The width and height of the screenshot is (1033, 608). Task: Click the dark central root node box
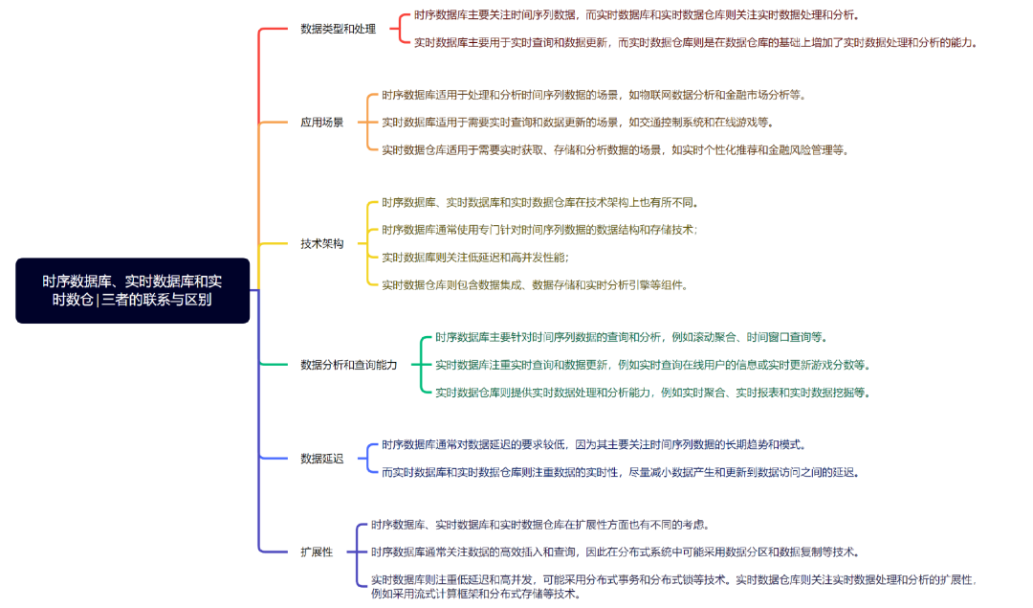(x=132, y=290)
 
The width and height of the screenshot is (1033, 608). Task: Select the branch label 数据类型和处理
(x=338, y=29)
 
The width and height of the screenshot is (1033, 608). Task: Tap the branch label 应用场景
(x=321, y=122)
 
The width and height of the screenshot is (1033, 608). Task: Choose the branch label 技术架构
(x=321, y=243)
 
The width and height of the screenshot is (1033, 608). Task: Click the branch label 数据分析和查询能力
(x=348, y=364)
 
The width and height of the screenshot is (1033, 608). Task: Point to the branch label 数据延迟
(x=321, y=458)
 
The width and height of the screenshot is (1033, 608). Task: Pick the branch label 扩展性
(x=317, y=552)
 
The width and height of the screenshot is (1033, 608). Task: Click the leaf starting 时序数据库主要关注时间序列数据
(x=636, y=15)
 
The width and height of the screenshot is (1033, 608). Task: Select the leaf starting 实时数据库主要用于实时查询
(x=695, y=42)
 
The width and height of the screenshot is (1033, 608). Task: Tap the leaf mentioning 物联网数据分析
(x=593, y=95)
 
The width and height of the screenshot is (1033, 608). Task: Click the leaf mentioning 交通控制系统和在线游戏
(x=578, y=122)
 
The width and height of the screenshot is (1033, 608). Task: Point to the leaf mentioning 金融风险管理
(x=615, y=149)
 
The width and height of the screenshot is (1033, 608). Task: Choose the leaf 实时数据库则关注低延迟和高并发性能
(x=474, y=258)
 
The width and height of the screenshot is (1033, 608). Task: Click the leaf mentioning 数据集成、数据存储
(x=535, y=284)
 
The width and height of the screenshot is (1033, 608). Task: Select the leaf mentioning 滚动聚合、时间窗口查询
(x=631, y=337)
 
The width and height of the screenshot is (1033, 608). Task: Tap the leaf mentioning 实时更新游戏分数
(x=652, y=365)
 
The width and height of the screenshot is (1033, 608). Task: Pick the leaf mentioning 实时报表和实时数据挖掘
(x=651, y=392)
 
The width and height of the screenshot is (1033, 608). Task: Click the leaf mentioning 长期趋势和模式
(x=593, y=444)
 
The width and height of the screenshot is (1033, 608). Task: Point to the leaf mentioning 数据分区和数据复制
(x=615, y=552)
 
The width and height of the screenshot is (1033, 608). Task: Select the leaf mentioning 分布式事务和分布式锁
(x=673, y=579)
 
